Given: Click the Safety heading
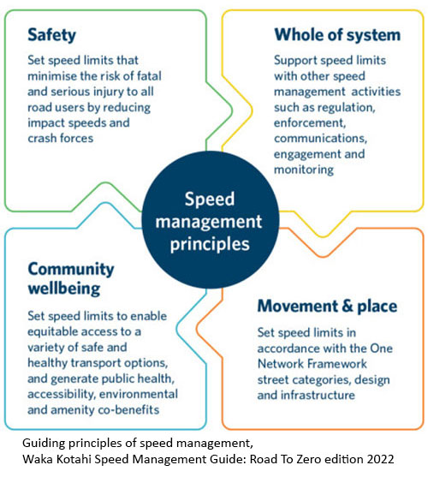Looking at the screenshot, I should [x=52, y=35].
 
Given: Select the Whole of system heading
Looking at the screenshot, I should [x=336, y=35].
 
